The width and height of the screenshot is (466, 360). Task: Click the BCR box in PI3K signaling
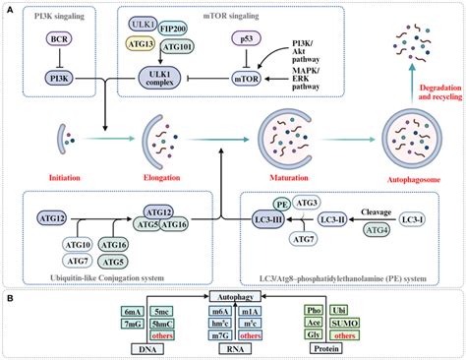[57, 42]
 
